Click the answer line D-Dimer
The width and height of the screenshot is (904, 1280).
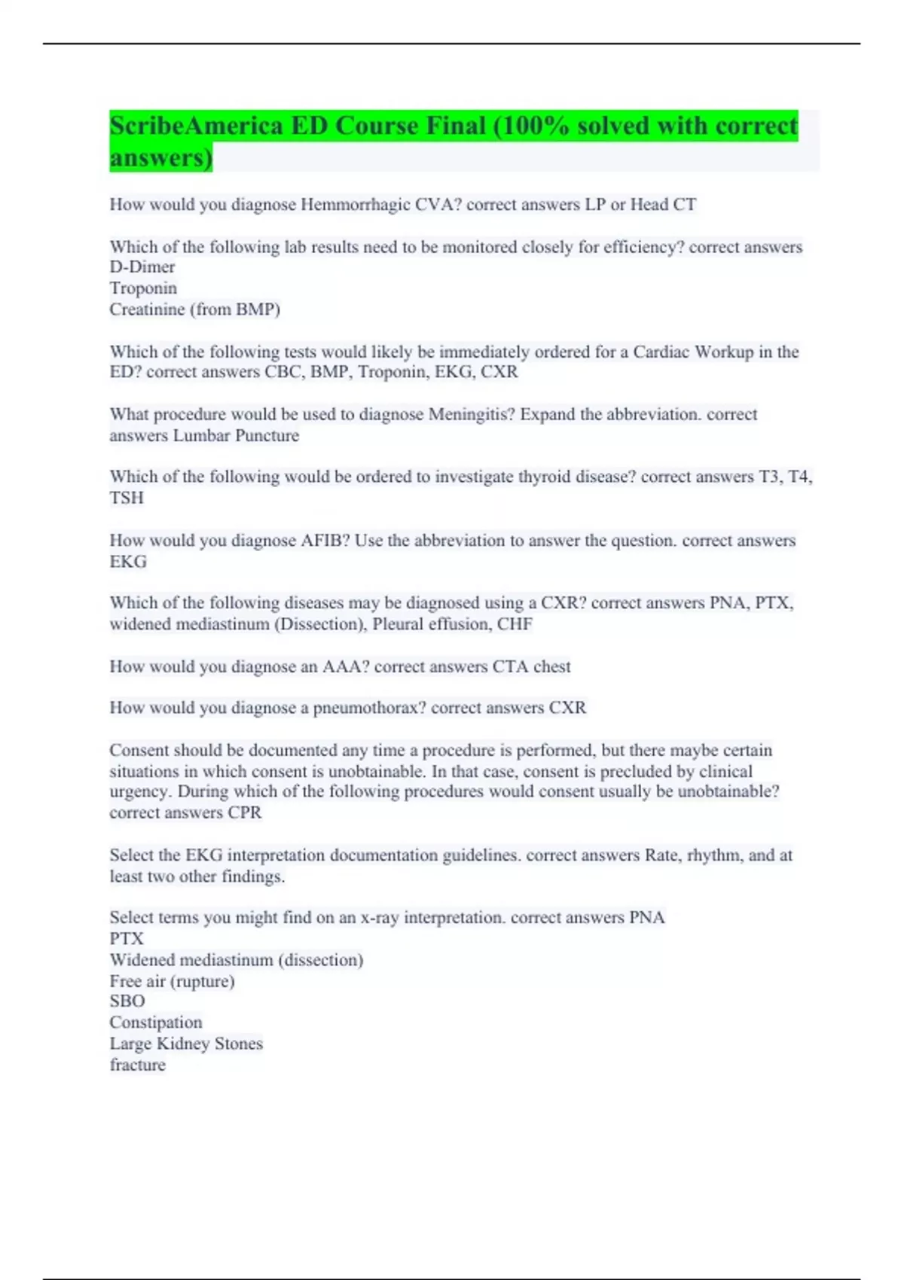142,267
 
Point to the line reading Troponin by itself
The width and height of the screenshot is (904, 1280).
143,288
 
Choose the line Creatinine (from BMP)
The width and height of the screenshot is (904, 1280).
194,309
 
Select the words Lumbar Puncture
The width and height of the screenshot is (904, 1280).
236,435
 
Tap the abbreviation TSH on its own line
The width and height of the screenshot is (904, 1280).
127,498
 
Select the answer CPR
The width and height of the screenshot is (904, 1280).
245,813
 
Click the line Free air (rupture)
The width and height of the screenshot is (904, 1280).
172,981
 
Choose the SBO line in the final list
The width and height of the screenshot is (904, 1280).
127,1001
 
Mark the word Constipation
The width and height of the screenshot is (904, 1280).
156,1022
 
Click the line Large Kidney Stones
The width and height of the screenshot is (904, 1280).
186,1044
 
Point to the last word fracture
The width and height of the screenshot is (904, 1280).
137,1065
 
